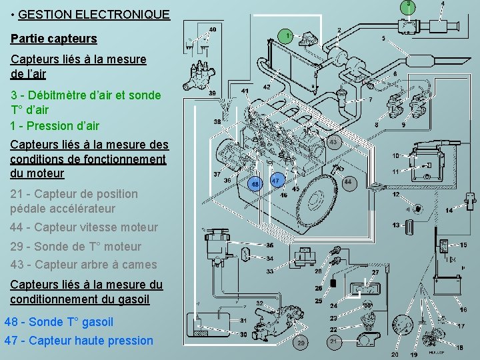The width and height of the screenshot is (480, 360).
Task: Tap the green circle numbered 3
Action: coord(408,5)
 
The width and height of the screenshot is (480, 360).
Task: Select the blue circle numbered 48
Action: coord(254,183)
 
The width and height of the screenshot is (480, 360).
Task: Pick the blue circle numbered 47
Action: coord(277,181)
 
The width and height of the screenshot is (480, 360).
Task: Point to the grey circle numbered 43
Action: coord(333,142)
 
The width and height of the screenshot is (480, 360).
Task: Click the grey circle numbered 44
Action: coord(348,182)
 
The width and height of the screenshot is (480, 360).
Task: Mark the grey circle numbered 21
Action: coord(333,341)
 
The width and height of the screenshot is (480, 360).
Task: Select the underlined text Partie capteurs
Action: coord(54,39)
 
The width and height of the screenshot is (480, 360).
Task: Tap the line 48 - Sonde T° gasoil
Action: coord(59,322)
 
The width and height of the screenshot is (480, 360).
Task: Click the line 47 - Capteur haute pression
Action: coord(79,341)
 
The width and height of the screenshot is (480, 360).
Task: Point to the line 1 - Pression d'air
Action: coord(55,126)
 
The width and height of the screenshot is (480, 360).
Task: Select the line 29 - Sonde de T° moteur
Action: coord(76,246)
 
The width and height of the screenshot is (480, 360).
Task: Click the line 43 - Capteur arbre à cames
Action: coord(83,265)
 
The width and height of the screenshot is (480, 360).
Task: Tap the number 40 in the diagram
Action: coord(212,29)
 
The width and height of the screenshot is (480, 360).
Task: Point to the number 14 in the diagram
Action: coord(449,211)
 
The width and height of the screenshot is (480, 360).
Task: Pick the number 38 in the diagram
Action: coord(217,122)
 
